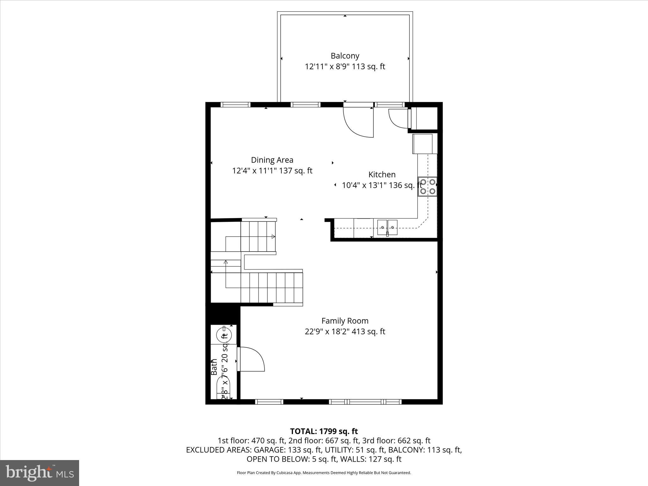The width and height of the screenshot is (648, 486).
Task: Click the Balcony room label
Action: tap(345, 56)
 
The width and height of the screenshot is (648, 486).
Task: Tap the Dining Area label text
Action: tap(272, 160)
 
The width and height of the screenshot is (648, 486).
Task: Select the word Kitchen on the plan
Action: tap(382, 175)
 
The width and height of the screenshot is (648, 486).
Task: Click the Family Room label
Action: tap(345, 321)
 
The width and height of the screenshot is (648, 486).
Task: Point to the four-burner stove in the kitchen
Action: tap(427, 187)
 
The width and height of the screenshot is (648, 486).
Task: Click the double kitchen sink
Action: tap(387, 227)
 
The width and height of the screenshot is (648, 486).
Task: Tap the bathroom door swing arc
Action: tap(252, 359)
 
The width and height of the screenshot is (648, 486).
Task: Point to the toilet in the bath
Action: tap(223, 389)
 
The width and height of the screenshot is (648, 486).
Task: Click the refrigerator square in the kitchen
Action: tap(422, 144)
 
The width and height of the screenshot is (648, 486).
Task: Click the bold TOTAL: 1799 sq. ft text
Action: tap(324, 431)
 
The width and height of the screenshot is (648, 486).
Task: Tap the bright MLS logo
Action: tap(40, 473)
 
